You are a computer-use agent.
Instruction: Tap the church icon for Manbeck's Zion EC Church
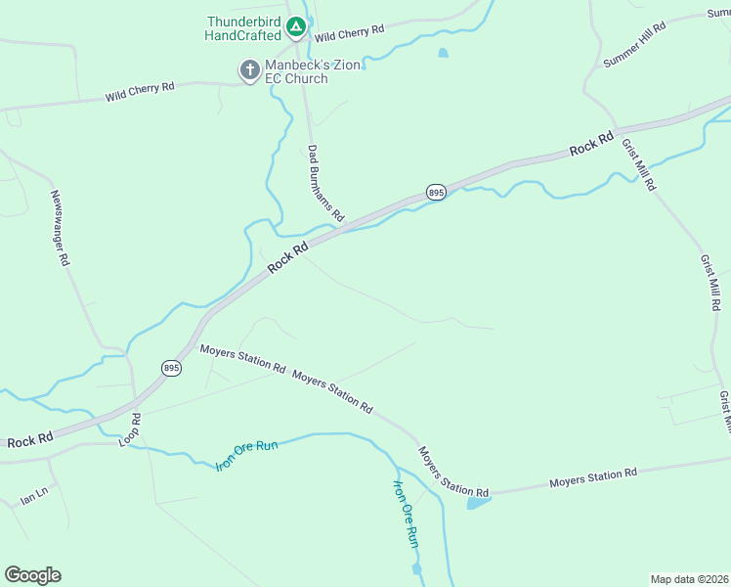tap(249, 69)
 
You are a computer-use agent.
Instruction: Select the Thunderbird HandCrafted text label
tap(243, 27)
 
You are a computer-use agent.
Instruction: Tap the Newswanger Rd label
tap(61, 228)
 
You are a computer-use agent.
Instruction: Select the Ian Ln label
tap(33, 500)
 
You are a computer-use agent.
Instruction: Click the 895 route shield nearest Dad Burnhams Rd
tap(436, 193)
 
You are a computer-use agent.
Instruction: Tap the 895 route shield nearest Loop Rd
tap(171, 368)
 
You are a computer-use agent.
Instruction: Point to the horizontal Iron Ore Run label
tap(247, 456)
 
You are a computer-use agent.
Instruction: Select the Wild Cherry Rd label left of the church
tap(140, 93)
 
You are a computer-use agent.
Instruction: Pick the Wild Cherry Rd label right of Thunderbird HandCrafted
tap(349, 32)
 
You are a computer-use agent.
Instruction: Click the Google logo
tap(32, 575)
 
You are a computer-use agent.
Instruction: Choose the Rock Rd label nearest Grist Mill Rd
tap(591, 143)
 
